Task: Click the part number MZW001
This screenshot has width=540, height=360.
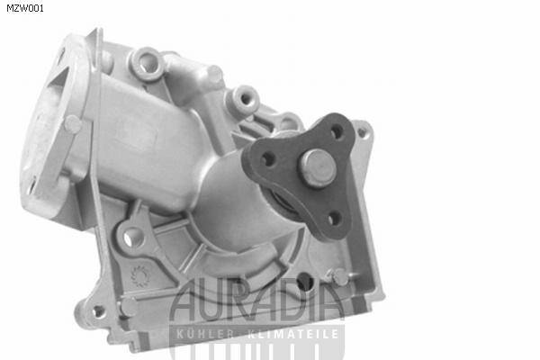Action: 25,8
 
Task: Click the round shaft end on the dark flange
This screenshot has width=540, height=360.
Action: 318,167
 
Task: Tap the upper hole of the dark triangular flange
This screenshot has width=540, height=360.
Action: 337,131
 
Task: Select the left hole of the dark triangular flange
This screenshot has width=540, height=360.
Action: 268,159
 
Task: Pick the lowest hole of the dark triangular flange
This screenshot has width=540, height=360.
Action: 334,219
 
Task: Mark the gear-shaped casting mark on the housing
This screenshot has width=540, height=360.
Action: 139,276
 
